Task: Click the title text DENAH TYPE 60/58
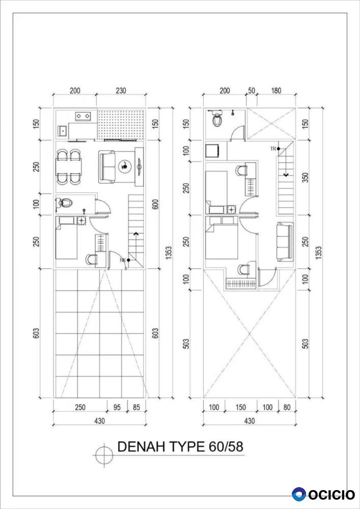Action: (x=180, y=447)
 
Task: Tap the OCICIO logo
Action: (x=323, y=494)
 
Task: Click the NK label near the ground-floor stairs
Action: (x=123, y=260)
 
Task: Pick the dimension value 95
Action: (x=117, y=407)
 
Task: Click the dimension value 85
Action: (x=136, y=407)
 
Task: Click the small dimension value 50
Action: (x=252, y=90)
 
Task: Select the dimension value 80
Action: (x=287, y=407)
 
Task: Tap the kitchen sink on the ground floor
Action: (x=62, y=131)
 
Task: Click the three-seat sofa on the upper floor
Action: (x=285, y=242)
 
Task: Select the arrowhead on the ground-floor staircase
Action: (x=136, y=234)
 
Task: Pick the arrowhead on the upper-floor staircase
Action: (x=286, y=175)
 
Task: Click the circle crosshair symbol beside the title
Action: (x=105, y=455)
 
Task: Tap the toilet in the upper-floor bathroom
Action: (x=216, y=120)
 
